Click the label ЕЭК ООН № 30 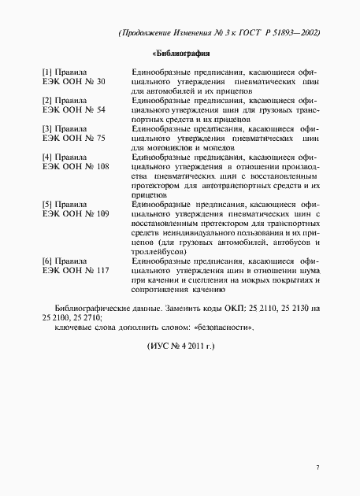(x=72, y=81)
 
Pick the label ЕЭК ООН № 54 (x=72, y=109)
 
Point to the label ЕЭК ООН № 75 (x=72, y=138)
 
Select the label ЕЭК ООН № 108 (x=75, y=167)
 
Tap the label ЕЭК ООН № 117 (x=75, y=270)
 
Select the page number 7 (x=317, y=468)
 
